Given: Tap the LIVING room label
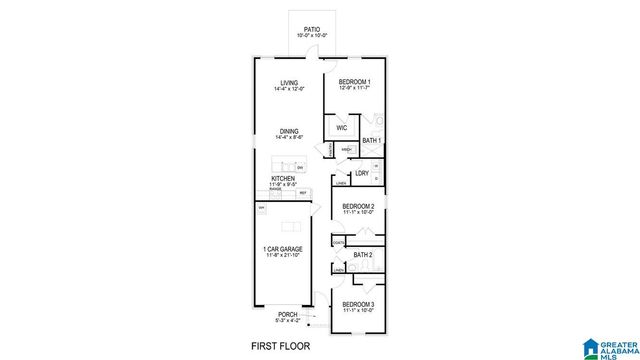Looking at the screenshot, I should point(289,83).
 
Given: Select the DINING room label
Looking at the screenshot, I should point(289,131).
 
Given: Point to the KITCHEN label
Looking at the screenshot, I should point(283,178).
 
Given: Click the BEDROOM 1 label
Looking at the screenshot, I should point(354,81).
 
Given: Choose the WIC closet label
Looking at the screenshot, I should point(341,128).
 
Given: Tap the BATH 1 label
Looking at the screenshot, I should point(371,141).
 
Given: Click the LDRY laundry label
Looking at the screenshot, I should point(361,173).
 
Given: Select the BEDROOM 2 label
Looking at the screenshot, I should point(358,206).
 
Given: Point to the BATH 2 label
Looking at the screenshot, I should point(363,255).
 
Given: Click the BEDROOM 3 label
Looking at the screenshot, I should point(358,303).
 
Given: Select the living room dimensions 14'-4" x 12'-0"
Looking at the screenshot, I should point(289,90).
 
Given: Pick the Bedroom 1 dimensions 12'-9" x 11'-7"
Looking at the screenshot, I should point(354,88).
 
